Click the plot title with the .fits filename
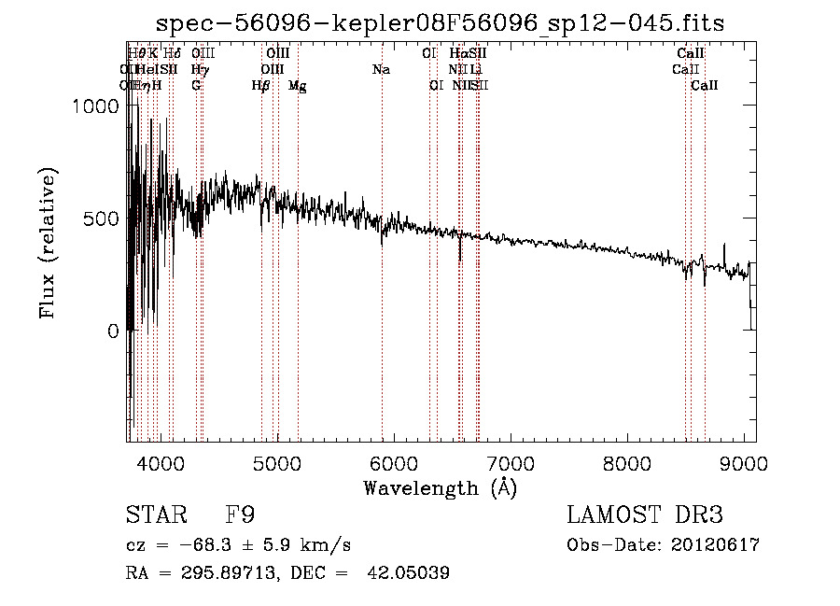(x=440, y=22)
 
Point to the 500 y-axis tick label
(x=103, y=218)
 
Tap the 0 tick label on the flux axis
(x=114, y=331)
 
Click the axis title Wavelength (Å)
(x=440, y=487)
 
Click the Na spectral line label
(x=381, y=69)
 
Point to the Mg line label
(x=298, y=86)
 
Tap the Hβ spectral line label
(x=261, y=85)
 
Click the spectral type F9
(x=241, y=514)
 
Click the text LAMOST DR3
(x=645, y=514)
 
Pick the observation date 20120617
(x=715, y=545)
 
